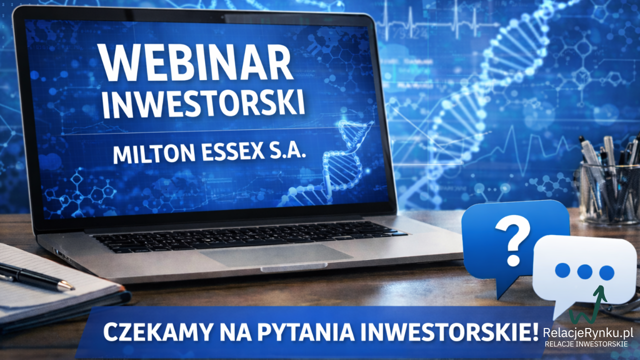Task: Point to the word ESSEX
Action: coord(232,151)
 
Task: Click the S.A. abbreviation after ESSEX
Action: coord(287,149)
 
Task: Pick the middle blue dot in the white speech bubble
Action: coord(584,271)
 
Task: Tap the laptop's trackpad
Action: coord(275,255)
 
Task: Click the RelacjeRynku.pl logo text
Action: coord(588,332)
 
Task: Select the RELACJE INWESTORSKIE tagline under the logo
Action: coord(586,344)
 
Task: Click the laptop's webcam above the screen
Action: coord(223,17)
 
